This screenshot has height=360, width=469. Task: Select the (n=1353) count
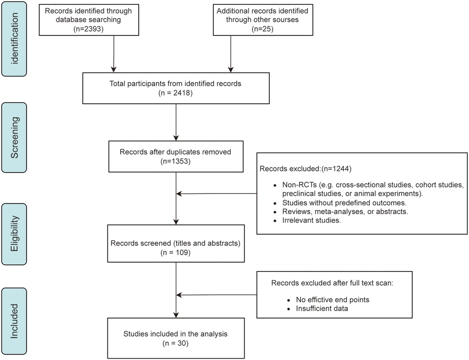[176, 162]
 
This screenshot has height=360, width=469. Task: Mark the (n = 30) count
[176, 343]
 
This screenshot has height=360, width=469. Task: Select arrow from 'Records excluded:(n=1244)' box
[216, 194]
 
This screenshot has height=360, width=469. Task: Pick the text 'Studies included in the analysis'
[176, 334]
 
